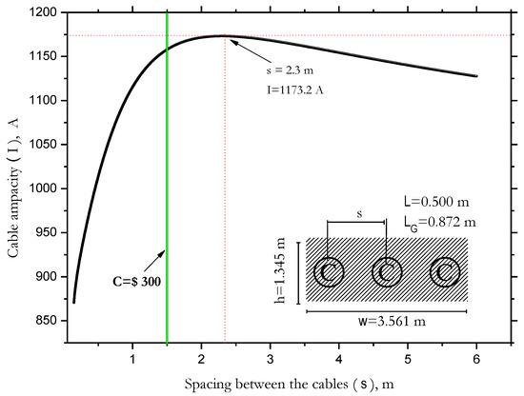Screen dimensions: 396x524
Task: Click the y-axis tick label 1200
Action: pos(40,13)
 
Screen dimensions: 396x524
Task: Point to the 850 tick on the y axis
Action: pos(43,321)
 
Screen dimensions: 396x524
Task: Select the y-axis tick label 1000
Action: pos(40,189)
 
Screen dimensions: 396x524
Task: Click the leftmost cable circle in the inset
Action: pos(329,272)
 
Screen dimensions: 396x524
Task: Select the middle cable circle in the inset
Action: pos(386,272)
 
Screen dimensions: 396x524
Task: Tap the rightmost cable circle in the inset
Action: pos(444,272)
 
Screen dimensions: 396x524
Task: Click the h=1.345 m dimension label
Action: pos(283,271)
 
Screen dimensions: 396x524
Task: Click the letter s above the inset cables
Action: pos(357,215)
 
